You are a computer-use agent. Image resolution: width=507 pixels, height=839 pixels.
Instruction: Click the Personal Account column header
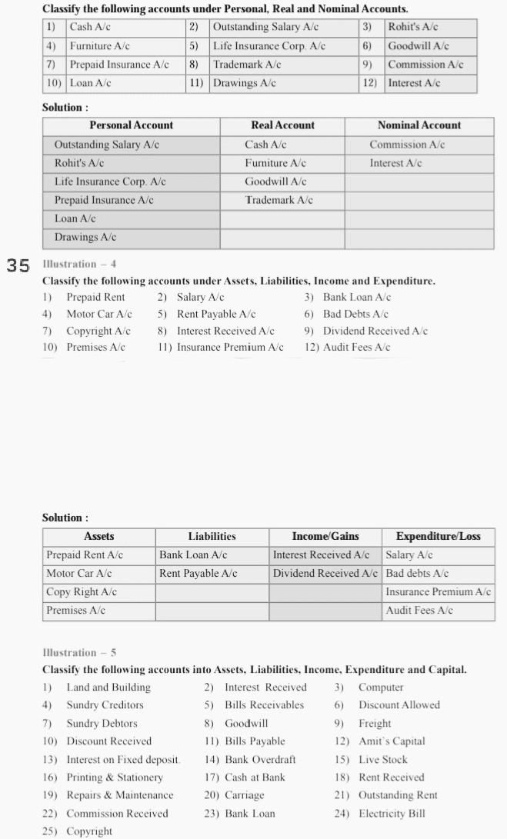[131, 125]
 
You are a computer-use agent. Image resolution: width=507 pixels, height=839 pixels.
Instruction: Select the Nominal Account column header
[419, 125]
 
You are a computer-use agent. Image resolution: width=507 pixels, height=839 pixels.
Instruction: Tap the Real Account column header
[282, 125]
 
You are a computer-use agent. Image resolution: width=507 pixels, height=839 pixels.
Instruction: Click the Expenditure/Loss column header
[438, 536]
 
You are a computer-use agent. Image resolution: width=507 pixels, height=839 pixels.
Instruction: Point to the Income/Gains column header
[325, 536]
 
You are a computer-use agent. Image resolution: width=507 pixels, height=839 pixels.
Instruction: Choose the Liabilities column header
[212, 536]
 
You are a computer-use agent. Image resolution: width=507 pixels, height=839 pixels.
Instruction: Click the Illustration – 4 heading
[79, 265]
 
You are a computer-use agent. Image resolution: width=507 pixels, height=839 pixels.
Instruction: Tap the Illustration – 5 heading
[79, 653]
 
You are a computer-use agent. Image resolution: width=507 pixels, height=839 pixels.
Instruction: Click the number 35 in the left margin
[18, 266]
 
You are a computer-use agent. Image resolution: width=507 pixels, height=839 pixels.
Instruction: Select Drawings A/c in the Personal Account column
[85, 238]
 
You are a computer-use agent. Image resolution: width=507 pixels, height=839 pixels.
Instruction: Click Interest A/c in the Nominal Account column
[395, 163]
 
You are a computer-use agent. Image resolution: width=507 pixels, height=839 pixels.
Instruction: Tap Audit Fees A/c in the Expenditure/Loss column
[419, 611]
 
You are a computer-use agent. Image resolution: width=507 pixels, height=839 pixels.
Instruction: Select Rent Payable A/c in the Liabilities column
[198, 574]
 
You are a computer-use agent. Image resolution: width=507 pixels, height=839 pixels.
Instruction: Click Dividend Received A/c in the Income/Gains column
[325, 574]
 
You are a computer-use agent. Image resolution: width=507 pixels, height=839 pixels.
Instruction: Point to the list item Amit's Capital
[391, 741]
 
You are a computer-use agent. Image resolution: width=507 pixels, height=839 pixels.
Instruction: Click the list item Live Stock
[382, 759]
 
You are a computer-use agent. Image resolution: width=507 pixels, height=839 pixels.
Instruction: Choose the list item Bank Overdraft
[260, 759]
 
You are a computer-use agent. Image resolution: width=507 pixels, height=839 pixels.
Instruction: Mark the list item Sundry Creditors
[105, 705]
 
